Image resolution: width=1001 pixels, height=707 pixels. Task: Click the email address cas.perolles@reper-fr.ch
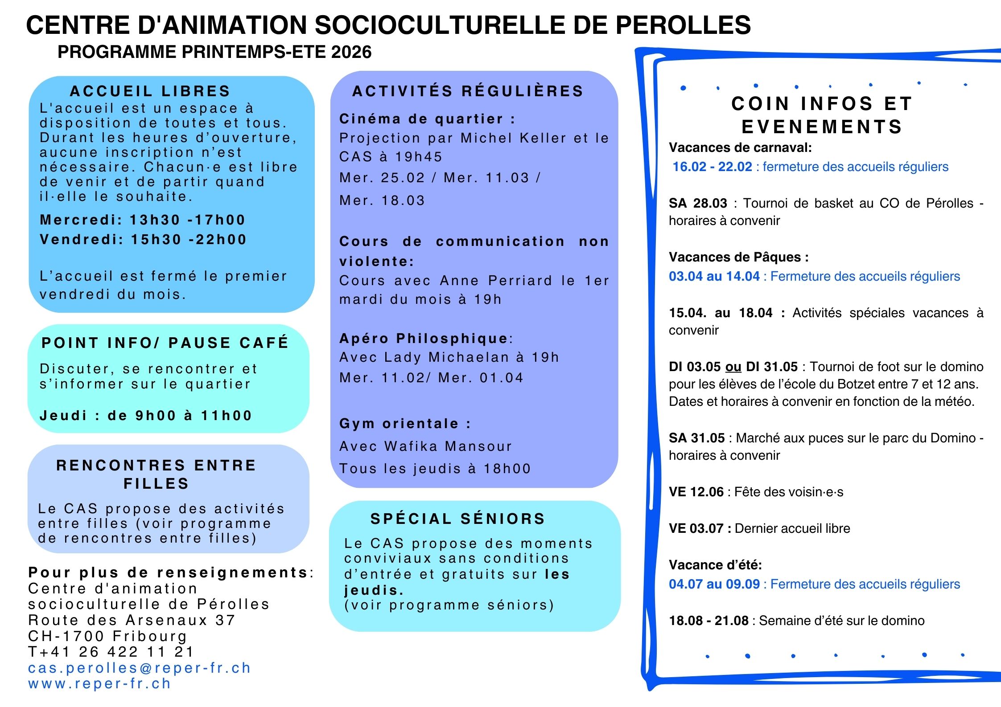(139, 668)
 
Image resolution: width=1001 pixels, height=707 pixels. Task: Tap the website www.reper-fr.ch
(99, 683)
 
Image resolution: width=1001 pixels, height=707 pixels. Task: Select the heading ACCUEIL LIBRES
(150, 91)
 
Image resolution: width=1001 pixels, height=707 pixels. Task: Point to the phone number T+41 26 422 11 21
(111, 652)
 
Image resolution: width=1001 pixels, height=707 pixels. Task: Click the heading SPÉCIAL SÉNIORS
(457, 519)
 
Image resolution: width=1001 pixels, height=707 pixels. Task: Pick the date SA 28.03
(698, 203)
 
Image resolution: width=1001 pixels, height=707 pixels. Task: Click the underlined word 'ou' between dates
(733, 367)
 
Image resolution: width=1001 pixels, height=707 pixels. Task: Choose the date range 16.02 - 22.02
(712, 167)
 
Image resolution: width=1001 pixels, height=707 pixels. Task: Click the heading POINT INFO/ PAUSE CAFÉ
(165, 343)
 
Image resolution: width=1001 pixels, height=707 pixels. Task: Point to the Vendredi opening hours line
(143, 240)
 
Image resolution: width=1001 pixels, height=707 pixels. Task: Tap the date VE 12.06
(696, 492)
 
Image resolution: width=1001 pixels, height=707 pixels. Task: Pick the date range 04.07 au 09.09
(714, 584)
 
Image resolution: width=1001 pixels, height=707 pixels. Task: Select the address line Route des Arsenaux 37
(132, 620)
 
